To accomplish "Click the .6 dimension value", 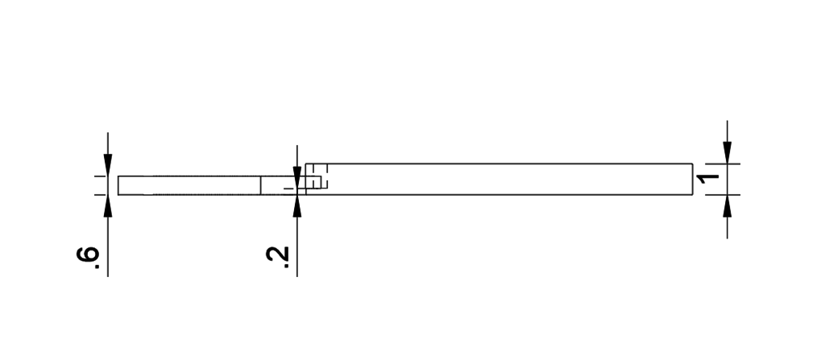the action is [x=88, y=258].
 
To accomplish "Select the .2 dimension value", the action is [x=277, y=258].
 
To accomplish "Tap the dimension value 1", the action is [x=707, y=179].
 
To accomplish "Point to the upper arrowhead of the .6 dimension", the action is [x=108, y=165].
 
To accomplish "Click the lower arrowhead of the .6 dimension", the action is [x=108, y=206].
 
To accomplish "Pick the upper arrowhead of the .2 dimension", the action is [x=297, y=177].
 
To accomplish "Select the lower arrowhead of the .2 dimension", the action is [x=297, y=206].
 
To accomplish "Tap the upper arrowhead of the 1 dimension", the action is [x=728, y=153].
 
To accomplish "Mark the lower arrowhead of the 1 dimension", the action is [x=728, y=206].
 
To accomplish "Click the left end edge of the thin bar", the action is [x=118, y=185].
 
